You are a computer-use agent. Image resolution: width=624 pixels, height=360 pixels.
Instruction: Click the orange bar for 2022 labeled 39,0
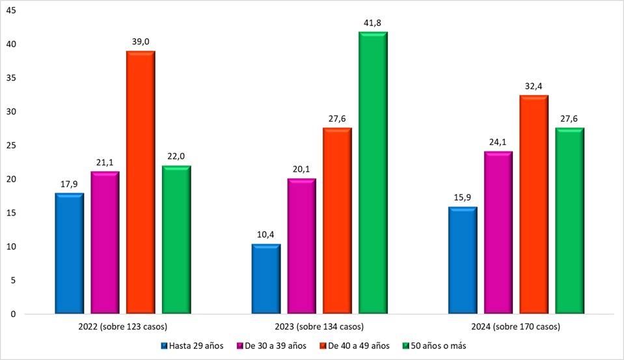(x=141, y=183)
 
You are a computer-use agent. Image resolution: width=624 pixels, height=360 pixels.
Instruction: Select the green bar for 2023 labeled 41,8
(x=373, y=173)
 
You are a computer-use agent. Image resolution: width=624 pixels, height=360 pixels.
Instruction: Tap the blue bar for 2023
(x=265, y=279)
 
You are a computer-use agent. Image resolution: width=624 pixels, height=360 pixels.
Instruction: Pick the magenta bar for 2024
(x=498, y=233)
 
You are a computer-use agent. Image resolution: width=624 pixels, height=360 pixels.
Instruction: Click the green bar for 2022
(x=176, y=240)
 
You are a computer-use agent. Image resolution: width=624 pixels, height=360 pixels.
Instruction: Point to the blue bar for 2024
(x=463, y=260)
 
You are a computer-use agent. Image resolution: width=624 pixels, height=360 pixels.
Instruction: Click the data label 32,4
(x=534, y=85)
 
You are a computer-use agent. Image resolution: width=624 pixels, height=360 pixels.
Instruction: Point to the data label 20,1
(x=301, y=169)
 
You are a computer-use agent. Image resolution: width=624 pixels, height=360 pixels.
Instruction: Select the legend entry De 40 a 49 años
(x=359, y=346)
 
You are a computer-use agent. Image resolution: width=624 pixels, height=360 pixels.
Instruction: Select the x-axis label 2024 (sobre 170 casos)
(x=516, y=326)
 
